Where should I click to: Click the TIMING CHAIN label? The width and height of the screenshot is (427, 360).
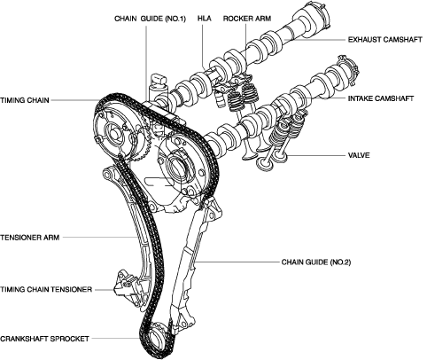pos(25,100)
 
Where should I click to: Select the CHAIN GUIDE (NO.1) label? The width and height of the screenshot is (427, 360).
pos(150,19)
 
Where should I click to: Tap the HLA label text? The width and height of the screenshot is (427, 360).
pos(205,19)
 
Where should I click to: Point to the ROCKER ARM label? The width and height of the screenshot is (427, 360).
pos(247,19)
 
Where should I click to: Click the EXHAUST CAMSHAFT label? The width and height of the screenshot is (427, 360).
pos(385,40)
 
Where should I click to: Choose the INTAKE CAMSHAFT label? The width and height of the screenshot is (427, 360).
pos(381,98)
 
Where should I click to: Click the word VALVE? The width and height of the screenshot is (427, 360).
pos(359,155)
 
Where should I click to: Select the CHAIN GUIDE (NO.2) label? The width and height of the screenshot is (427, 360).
pos(316,262)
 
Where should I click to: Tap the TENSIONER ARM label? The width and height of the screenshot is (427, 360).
pos(30,238)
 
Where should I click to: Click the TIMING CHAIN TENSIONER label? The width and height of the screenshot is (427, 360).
pos(46,289)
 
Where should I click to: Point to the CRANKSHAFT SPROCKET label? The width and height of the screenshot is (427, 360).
pos(44,339)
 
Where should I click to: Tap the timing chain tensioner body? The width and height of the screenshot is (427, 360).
pos(126,286)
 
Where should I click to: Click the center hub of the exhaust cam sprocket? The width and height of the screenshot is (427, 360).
pos(113,136)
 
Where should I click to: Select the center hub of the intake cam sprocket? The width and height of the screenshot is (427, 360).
pos(176,169)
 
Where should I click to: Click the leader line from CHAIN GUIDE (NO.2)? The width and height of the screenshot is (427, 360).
pos(237,262)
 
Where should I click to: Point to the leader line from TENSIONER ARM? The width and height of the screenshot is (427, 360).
pos(100,237)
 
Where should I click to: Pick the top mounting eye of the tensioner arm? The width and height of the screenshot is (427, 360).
pos(107,172)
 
